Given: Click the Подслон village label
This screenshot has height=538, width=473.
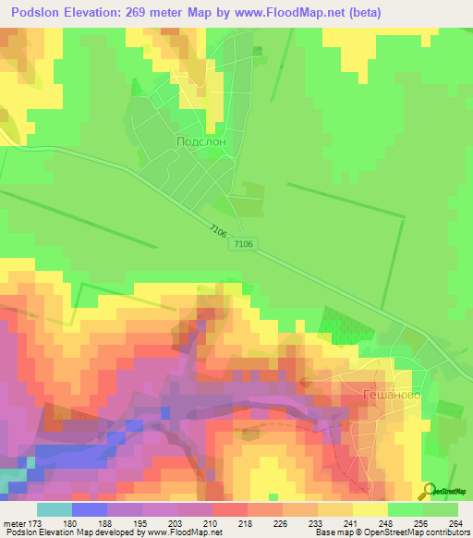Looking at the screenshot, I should pos(200,141).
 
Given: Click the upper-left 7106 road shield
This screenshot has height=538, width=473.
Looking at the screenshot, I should pos(218,231).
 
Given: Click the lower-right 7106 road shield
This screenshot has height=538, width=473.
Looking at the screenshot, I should pos(244,244).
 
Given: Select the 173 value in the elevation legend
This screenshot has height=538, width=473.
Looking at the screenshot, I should pos(33,522).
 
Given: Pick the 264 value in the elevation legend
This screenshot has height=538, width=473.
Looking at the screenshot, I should pos(454,522).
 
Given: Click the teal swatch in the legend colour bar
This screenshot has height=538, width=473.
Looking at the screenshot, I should pos(54,508).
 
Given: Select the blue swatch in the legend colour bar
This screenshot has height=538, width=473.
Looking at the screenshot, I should pos(89,508).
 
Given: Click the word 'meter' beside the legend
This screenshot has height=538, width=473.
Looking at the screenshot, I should pos(13,522).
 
